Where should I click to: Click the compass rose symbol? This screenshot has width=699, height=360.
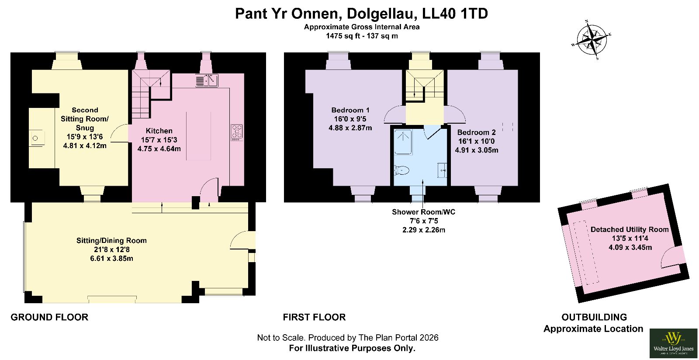click(x=592, y=40)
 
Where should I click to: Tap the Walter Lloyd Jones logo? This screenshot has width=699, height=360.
click(x=673, y=343)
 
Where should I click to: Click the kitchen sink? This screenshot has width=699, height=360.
click(x=207, y=80)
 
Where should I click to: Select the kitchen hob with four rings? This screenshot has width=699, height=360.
click(x=237, y=132)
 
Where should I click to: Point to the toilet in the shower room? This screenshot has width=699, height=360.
click(x=402, y=170)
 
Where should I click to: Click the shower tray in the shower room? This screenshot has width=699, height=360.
click(x=403, y=142)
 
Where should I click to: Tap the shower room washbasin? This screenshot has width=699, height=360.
click(x=442, y=170)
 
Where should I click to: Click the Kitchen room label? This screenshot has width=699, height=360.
click(x=159, y=131)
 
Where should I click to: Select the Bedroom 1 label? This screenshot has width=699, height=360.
click(x=350, y=110)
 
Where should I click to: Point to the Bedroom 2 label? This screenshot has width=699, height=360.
click(x=477, y=132)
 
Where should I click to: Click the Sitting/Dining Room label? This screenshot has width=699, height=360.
click(x=111, y=241)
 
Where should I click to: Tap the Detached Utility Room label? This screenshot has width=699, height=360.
click(x=630, y=230)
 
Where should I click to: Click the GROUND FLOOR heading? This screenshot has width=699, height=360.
click(x=49, y=317)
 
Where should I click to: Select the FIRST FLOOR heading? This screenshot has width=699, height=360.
click(x=314, y=317)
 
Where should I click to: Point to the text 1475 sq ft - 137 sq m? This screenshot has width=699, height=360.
click(x=362, y=36)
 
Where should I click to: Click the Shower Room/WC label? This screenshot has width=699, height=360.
click(x=423, y=212)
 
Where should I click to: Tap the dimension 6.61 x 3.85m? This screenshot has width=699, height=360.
click(x=111, y=259)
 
